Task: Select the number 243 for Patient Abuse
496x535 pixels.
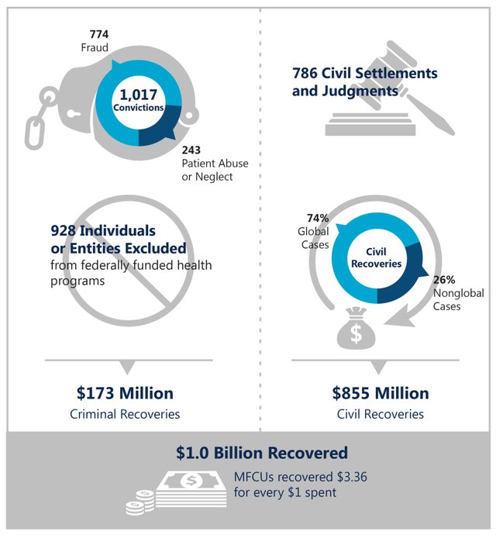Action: (191, 150)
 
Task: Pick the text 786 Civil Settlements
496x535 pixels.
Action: (364, 74)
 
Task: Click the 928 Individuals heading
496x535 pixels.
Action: (103, 231)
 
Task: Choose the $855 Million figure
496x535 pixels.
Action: (380, 393)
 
